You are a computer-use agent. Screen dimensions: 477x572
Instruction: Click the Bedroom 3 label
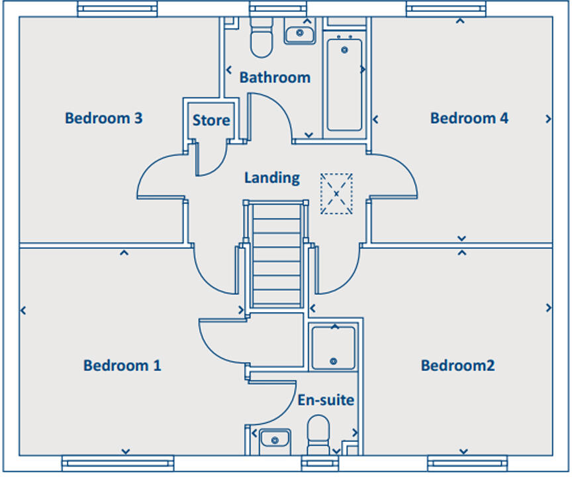click(103, 119)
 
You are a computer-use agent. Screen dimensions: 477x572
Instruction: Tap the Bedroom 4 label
click(469, 119)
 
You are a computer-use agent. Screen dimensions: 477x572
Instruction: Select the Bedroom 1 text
click(122, 365)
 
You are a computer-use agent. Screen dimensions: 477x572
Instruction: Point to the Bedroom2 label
click(457, 365)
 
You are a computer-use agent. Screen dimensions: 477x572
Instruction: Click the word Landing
click(271, 178)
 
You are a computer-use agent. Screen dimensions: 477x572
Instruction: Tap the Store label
click(211, 121)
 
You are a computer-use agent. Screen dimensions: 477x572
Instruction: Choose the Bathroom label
click(275, 78)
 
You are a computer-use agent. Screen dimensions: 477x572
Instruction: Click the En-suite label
click(325, 400)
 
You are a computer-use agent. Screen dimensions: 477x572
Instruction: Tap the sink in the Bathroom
click(299, 32)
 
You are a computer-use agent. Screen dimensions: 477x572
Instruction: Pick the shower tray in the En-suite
click(333, 346)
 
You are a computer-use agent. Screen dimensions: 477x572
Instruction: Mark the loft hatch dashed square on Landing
click(336, 193)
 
